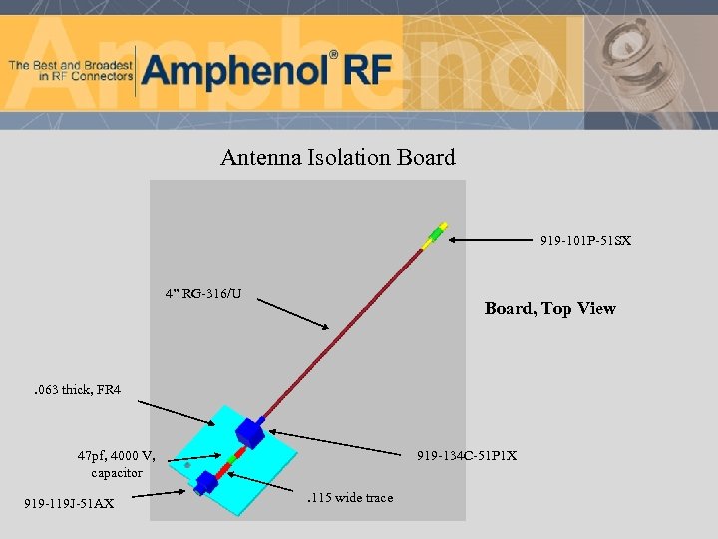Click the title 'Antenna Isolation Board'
337,158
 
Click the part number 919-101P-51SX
585,241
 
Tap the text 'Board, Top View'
549,308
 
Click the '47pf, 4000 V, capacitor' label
116,464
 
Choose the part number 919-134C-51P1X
467,456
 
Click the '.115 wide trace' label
349,498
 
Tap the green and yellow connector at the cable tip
435,236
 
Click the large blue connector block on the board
249,432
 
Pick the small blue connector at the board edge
206,483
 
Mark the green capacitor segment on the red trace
230,458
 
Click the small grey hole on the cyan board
187,465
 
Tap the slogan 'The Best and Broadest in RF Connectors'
70,70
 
